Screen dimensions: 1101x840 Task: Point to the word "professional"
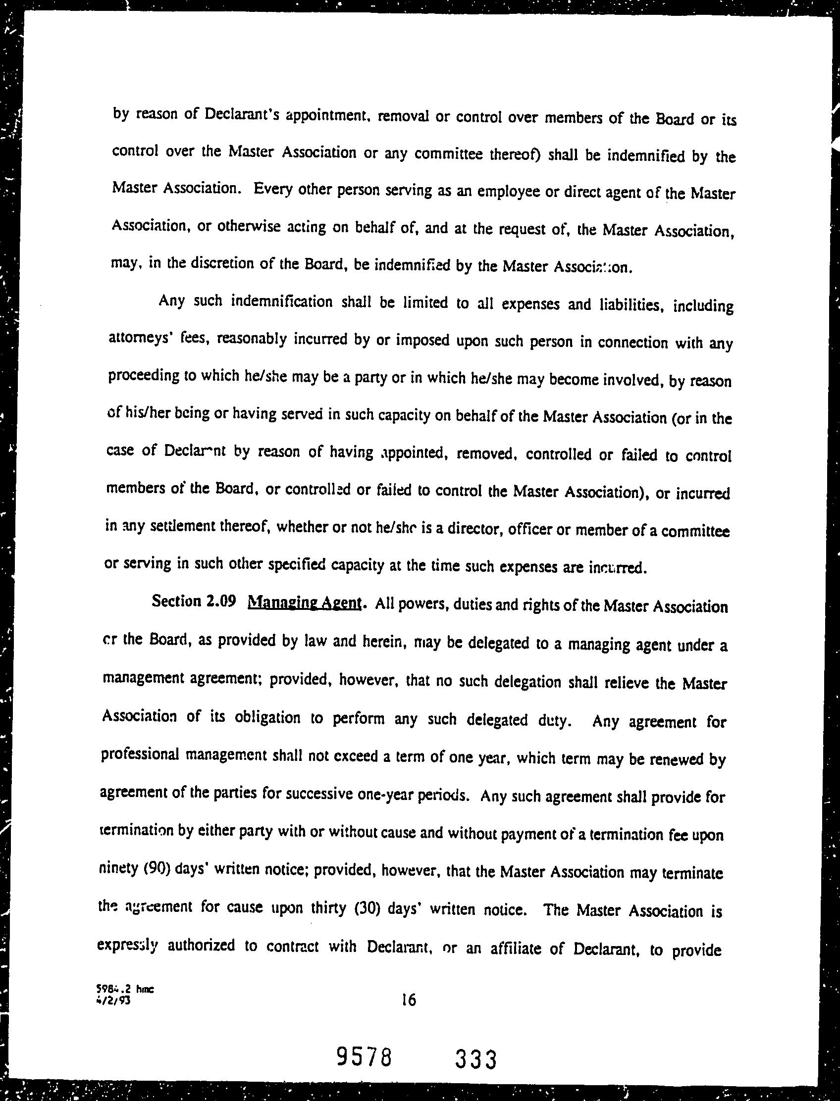(140, 754)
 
